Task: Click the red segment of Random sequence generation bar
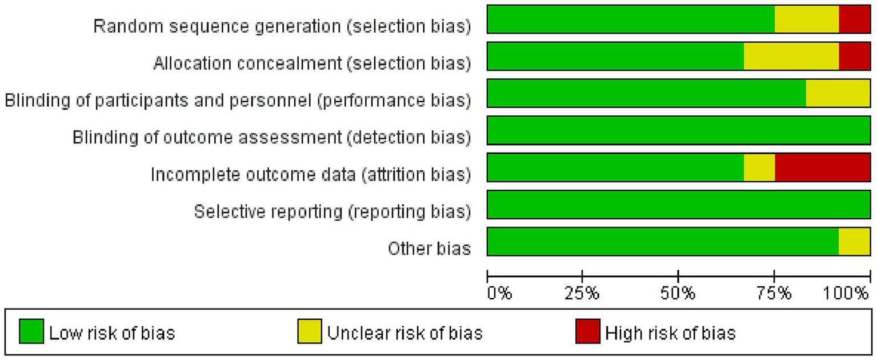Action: point(854,19)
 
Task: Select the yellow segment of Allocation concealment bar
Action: point(791,56)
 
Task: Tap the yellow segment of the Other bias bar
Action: point(854,241)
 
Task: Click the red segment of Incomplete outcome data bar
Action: point(822,167)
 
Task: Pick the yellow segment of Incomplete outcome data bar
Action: point(759,167)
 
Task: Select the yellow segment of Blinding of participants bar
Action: point(838,93)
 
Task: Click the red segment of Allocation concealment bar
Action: point(854,56)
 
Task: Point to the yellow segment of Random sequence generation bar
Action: point(807,19)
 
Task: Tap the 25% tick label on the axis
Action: point(582,294)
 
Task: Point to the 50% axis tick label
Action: point(678,294)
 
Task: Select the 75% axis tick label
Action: point(774,294)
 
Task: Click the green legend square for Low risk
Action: point(31,332)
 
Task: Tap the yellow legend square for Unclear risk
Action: point(309,332)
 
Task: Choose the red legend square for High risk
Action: point(587,332)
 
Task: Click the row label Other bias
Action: point(430,249)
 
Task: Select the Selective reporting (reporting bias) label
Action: point(333,211)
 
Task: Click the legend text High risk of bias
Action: point(670,333)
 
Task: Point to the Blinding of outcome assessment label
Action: point(272,137)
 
